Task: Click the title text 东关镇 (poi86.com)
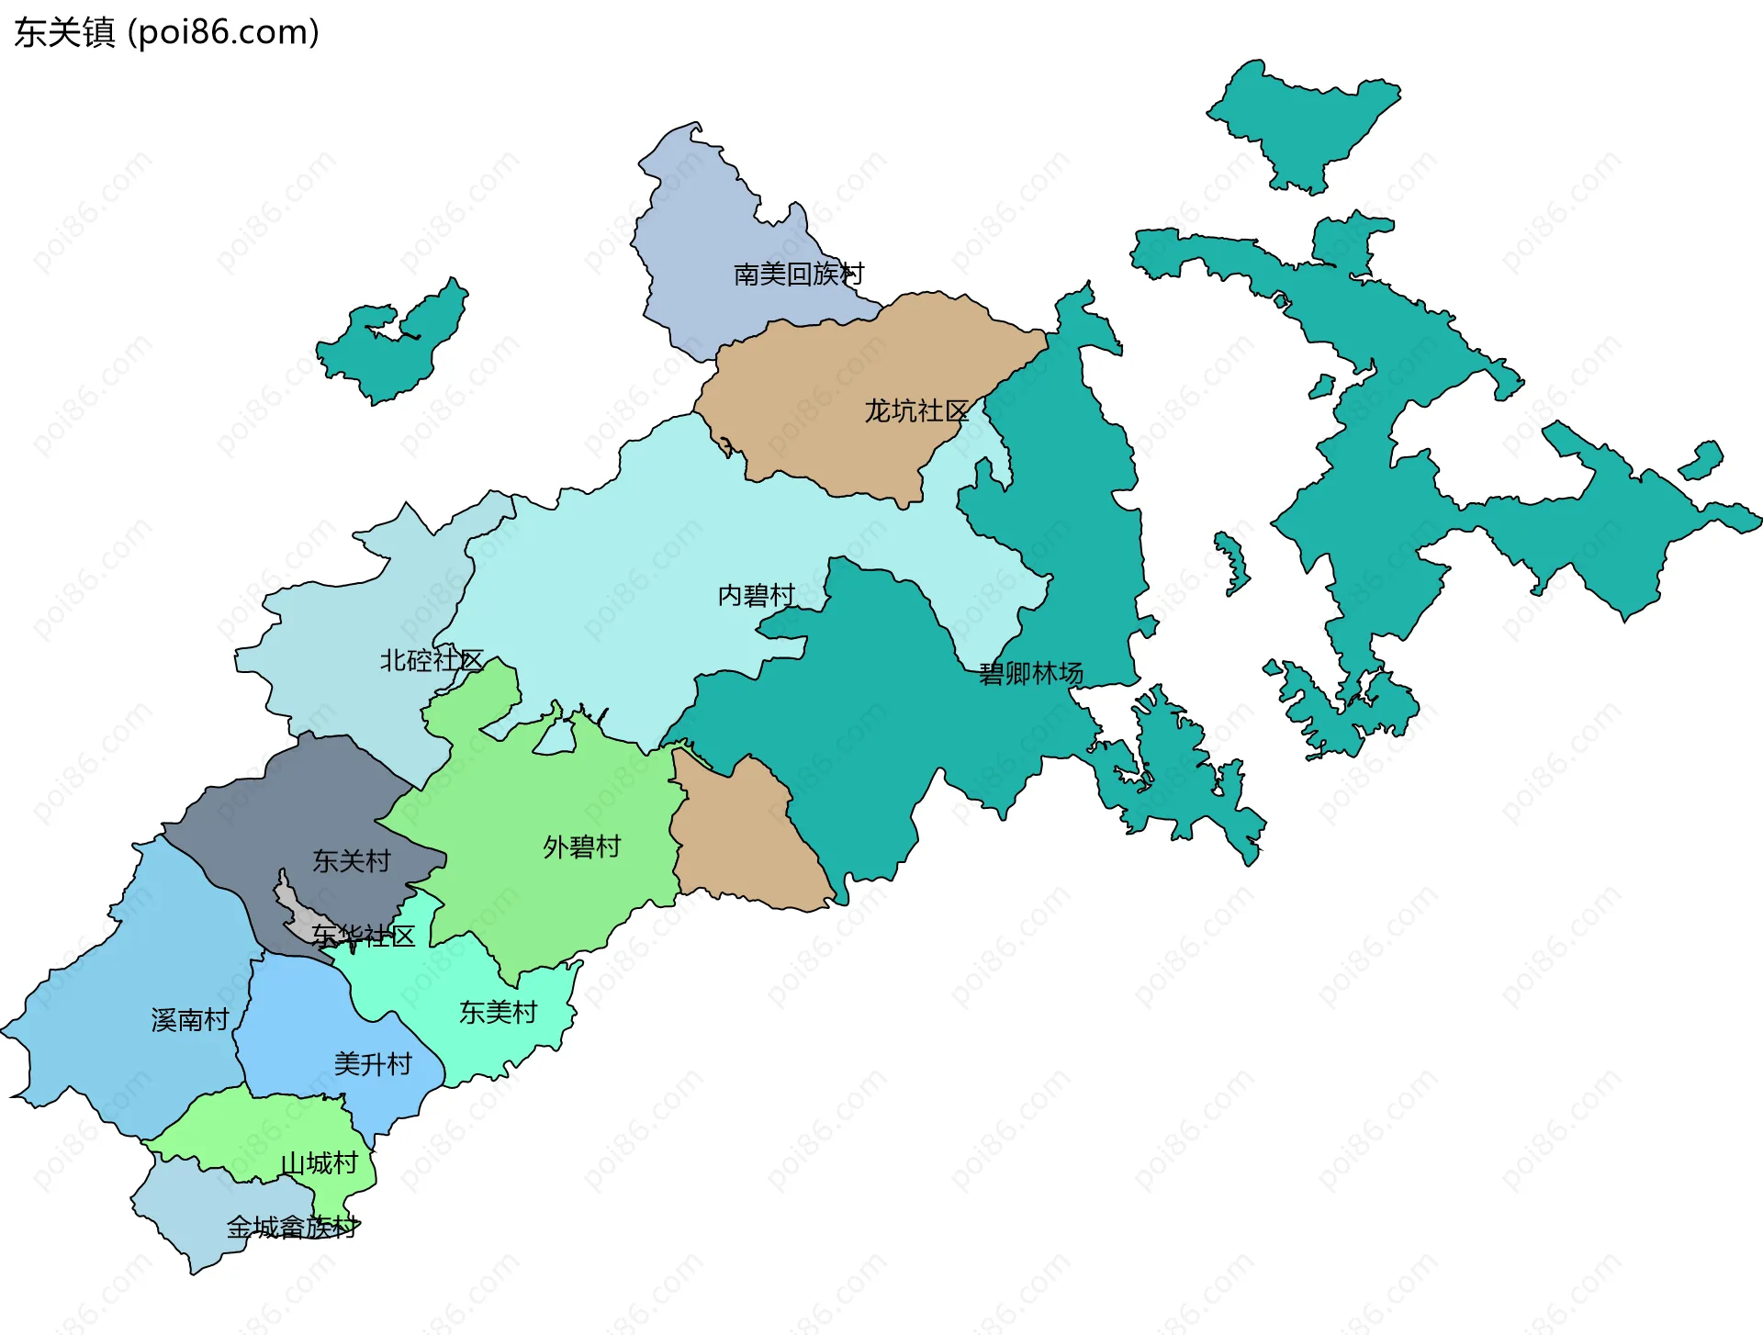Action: click(166, 32)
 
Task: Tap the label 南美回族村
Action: click(798, 274)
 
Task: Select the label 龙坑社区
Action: click(915, 410)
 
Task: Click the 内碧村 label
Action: click(755, 595)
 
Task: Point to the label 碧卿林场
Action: click(1030, 673)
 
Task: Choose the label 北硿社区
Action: click(431, 659)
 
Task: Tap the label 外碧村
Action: click(581, 846)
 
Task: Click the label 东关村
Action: click(351, 860)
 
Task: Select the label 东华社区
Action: click(363, 936)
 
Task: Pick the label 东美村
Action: click(498, 1012)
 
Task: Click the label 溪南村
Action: click(189, 1019)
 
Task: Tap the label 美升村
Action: click(372, 1063)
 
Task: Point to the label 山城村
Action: click(318, 1163)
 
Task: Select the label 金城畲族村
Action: click(291, 1227)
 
